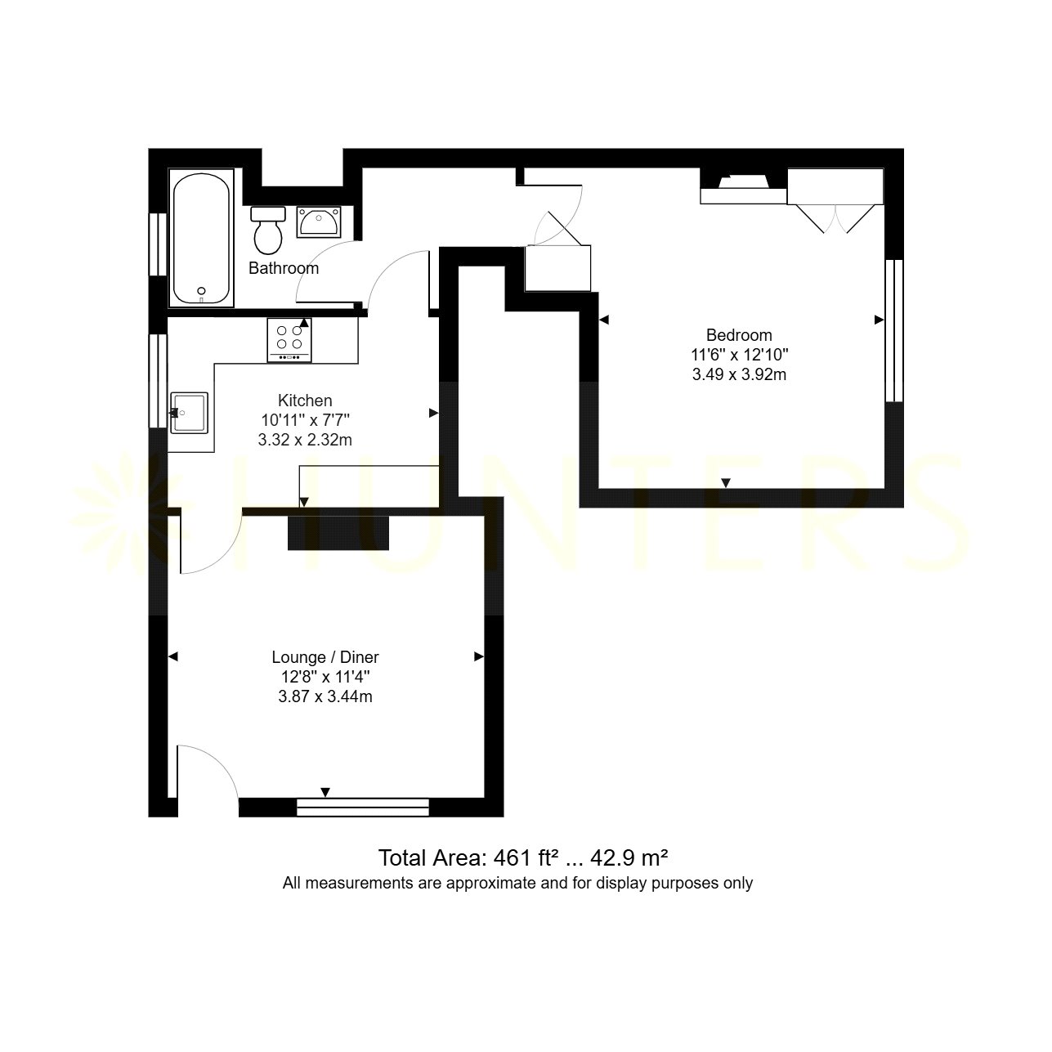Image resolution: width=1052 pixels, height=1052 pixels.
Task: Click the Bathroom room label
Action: click(x=284, y=268)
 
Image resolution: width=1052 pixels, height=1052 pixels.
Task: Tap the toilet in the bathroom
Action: click(x=268, y=231)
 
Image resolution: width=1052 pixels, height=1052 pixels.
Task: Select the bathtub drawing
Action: click(x=201, y=238)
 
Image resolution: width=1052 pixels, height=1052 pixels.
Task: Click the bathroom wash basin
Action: click(x=319, y=222)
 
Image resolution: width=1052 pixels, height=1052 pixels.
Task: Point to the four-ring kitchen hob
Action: click(x=289, y=340)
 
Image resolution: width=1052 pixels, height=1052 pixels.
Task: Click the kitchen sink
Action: click(x=189, y=413)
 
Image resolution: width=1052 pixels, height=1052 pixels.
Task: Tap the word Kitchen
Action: click(x=305, y=401)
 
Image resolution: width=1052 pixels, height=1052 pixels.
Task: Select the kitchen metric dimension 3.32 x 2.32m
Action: click(x=305, y=440)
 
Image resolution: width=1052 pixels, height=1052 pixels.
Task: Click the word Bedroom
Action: click(x=739, y=335)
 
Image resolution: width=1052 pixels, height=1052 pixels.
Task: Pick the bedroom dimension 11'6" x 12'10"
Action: click(x=739, y=355)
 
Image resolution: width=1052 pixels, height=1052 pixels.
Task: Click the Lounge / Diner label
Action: click(x=325, y=657)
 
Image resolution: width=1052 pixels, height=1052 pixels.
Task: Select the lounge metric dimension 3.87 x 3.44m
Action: click(x=325, y=696)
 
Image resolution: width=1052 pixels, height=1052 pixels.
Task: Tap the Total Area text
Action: click(x=523, y=857)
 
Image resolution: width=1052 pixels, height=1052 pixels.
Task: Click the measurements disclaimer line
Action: click(x=517, y=883)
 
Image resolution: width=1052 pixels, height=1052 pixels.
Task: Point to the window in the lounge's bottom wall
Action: click(x=363, y=808)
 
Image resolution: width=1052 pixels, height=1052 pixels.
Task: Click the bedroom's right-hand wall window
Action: click(x=894, y=331)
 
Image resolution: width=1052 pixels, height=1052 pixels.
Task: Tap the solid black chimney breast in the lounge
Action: click(x=338, y=533)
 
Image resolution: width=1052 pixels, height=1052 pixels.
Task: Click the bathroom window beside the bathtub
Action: click(x=159, y=244)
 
